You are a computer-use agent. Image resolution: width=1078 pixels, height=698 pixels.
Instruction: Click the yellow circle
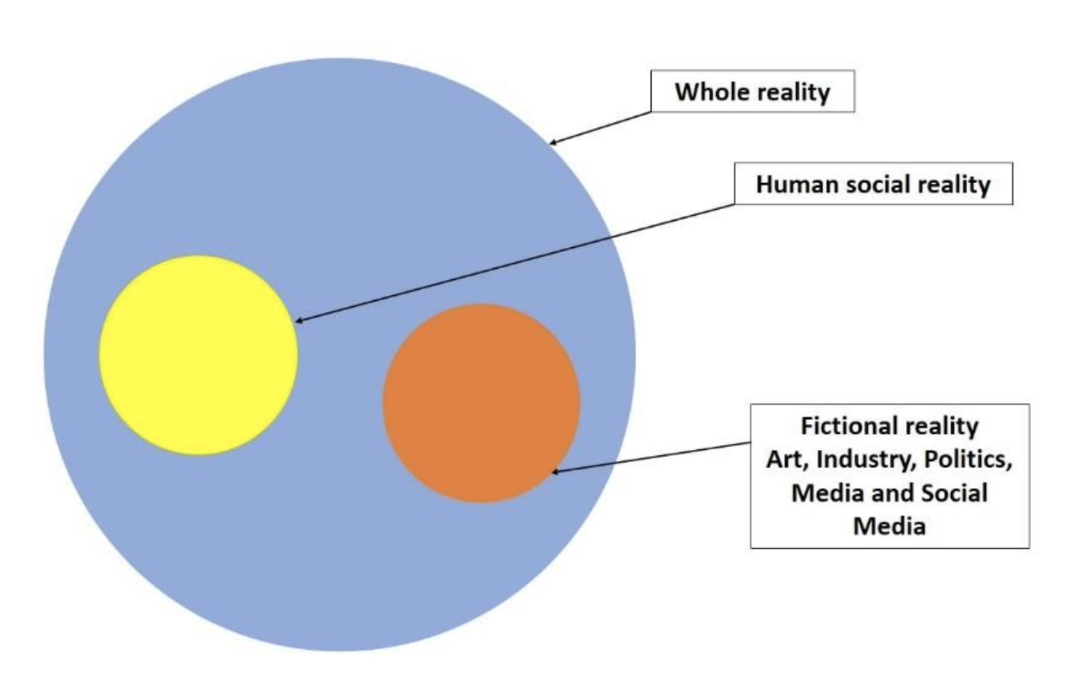pyautogui.click(x=198, y=356)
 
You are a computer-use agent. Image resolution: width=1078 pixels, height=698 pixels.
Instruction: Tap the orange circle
pyautogui.click(x=481, y=404)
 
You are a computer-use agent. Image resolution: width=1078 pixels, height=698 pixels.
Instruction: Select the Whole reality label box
pyautogui.click(x=753, y=91)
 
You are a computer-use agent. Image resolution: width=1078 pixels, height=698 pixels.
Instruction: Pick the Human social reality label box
pyautogui.click(x=873, y=184)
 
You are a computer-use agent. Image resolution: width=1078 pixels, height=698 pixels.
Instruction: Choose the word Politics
pyautogui.click(x=969, y=459)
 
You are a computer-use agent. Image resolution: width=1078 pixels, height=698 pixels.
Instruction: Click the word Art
pyautogui.click(x=787, y=459)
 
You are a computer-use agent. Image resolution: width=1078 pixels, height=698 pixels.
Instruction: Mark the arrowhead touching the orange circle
pyautogui.click(x=556, y=471)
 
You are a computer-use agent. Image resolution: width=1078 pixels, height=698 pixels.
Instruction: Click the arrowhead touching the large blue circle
pyautogui.click(x=553, y=142)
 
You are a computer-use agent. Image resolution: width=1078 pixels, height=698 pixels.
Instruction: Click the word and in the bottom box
pyautogui.click(x=894, y=493)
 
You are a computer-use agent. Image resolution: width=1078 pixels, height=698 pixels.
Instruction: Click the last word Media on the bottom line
pyautogui.click(x=889, y=526)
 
